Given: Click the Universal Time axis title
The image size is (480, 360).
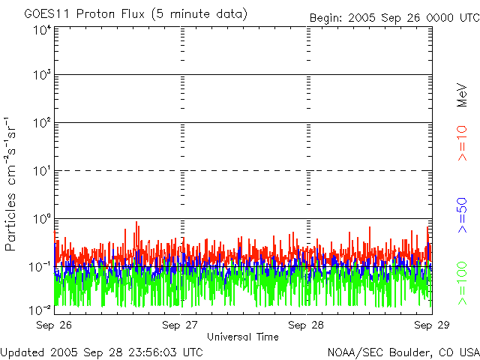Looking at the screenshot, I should tap(242, 337).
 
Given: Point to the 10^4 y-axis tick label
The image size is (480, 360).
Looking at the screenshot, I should tap(42, 30).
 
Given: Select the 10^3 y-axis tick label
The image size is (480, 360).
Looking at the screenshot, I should tap(42, 75).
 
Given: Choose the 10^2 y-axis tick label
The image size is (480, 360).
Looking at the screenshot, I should tap(42, 122).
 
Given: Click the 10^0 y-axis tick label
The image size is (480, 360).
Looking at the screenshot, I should tap(42, 218).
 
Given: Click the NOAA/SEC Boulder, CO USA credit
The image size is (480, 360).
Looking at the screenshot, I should tap(403, 352).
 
